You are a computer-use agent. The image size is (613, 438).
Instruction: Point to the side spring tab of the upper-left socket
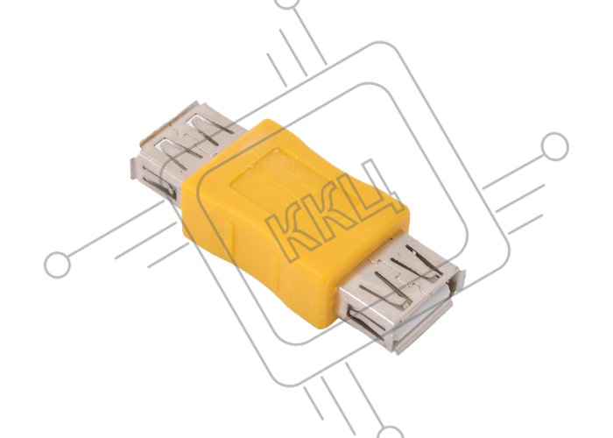[159, 186]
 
